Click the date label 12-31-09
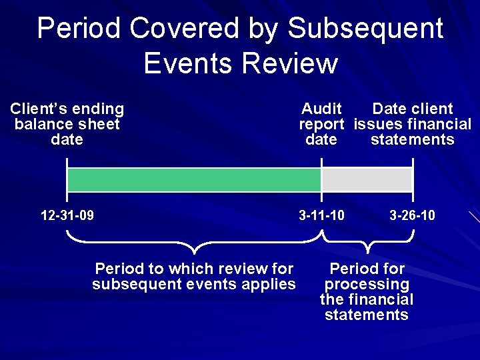click(67, 215)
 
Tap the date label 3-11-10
click(322, 215)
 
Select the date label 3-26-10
click(412, 215)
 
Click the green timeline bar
click(193, 180)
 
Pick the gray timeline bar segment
click(367, 180)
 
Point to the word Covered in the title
click(183, 29)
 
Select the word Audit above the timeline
click(321, 109)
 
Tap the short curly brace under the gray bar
click(368, 242)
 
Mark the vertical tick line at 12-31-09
click(67, 180)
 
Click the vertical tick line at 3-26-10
click(413, 180)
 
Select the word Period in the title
click(79, 29)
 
